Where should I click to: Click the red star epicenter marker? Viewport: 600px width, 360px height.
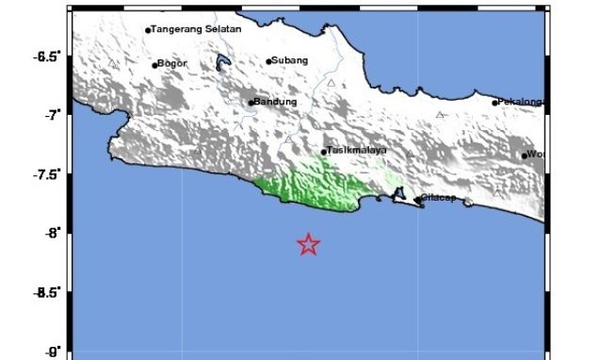(x=308, y=245)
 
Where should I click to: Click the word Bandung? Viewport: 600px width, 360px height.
(x=277, y=102)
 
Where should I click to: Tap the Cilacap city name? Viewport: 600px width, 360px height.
(x=440, y=198)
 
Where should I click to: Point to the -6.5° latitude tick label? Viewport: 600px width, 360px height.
(x=46, y=57)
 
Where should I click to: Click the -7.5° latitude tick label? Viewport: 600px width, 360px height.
(x=46, y=174)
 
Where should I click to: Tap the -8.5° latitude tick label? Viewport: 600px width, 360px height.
(x=46, y=292)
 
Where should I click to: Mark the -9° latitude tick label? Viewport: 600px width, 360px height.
(x=52, y=351)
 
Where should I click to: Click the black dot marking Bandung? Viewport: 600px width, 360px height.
(x=251, y=103)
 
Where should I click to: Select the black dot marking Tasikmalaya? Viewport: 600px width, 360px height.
(x=324, y=152)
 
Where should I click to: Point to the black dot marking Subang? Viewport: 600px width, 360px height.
(x=268, y=62)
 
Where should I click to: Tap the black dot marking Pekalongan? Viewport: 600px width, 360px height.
(x=495, y=103)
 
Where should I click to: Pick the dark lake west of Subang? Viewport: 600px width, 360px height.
(x=223, y=64)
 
